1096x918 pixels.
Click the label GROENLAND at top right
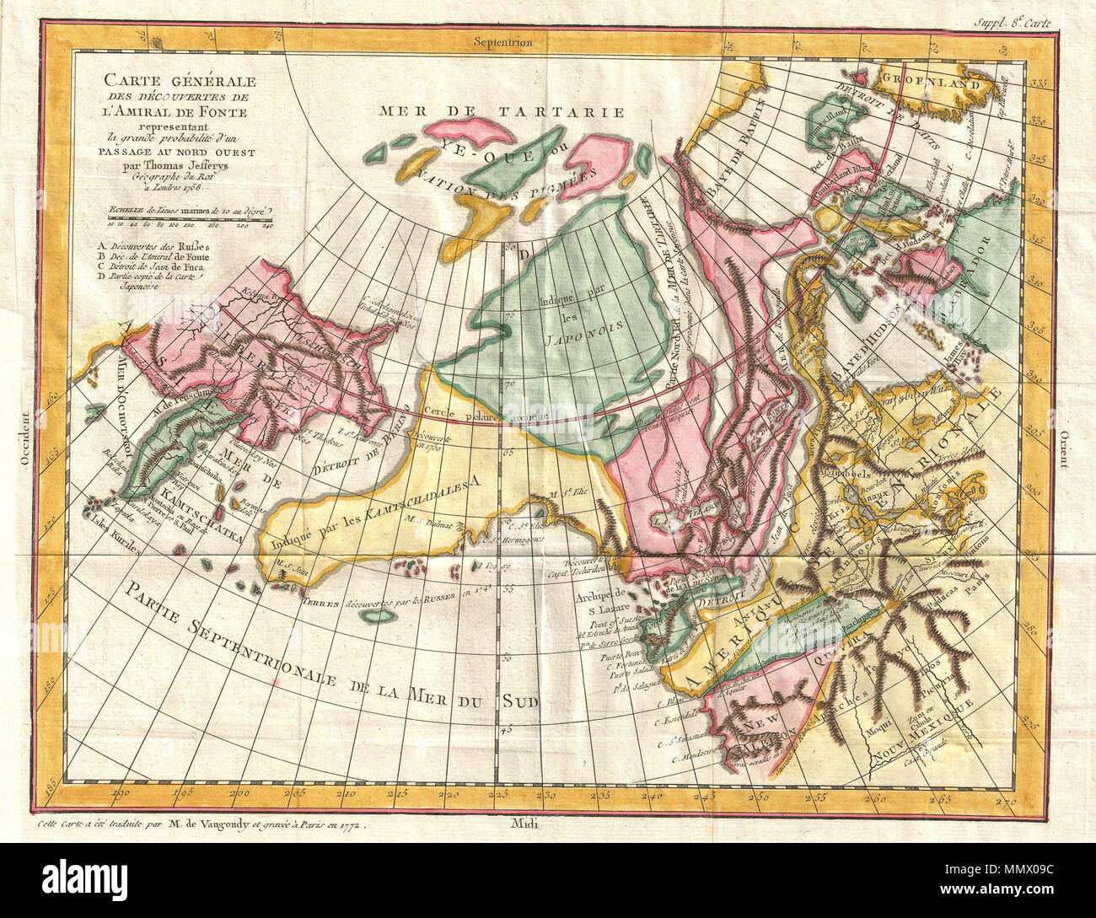click(x=937, y=83)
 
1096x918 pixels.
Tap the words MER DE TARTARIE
click(x=502, y=111)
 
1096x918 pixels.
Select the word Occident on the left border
click(x=26, y=438)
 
